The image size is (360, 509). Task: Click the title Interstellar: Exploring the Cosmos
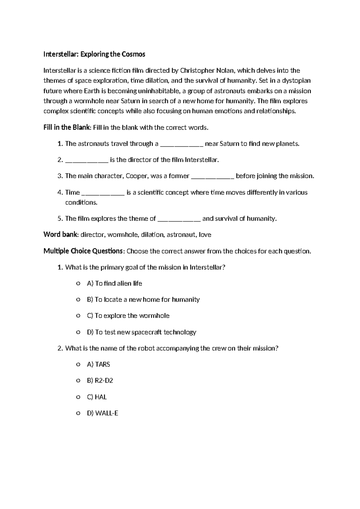pyautogui.click(x=94, y=54)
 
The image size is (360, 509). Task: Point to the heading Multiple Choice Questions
pyautogui.click(x=83, y=251)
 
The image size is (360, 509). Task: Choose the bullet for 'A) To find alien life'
pyautogui.click(x=78, y=284)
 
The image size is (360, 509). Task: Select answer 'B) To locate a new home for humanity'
pyautogui.click(x=143, y=300)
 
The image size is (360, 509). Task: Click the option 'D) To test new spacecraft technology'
pyautogui.click(x=141, y=332)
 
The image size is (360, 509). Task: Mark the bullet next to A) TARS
pyautogui.click(x=78, y=365)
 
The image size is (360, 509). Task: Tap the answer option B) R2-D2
pyautogui.click(x=100, y=381)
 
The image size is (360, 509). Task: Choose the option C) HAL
pyautogui.click(x=97, y=397)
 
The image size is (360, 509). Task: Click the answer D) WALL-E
pyautogui.click(x=102, y=413)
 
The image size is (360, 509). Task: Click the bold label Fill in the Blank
pyautogui.click(x=67, y=128)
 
